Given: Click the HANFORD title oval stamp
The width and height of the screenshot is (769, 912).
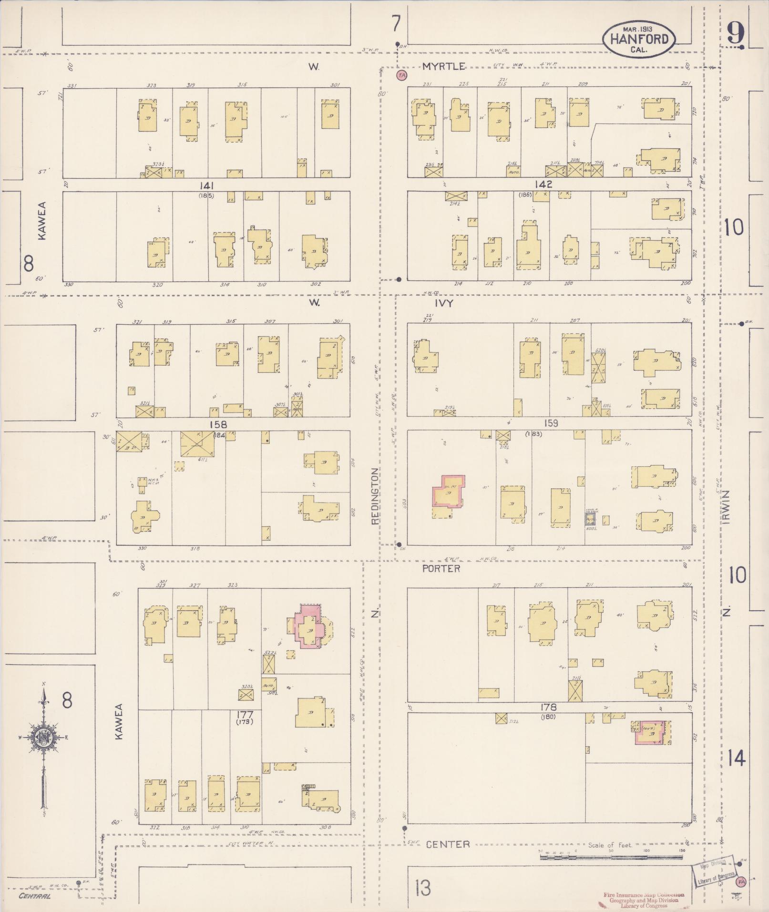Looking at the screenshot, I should pyautogui.click(x=639, y=39).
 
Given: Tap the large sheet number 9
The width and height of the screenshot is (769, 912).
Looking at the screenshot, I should pyautogui.click(x=736, y=34).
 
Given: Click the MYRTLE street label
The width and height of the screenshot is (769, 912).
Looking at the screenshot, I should pyautogui.click(x=443, y=67).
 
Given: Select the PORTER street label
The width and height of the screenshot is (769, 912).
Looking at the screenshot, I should pyautogui.click(x=441, y=569).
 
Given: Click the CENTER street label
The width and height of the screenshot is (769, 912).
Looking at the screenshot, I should pyautogui.click(x=448, y=844).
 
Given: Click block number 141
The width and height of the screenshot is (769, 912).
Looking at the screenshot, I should pyautogui.click(x=206, y=185).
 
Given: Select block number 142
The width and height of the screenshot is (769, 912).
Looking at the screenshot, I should pyautogui.click(x=543, y=184).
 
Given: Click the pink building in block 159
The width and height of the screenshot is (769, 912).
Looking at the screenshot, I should pyautogui.click(x=448, y=491).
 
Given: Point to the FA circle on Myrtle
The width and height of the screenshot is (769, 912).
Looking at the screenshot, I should pyautogui.click(x=401, y=75).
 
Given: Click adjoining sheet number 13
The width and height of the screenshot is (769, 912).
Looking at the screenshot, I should pyautogui.click(x=422, y=888).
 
